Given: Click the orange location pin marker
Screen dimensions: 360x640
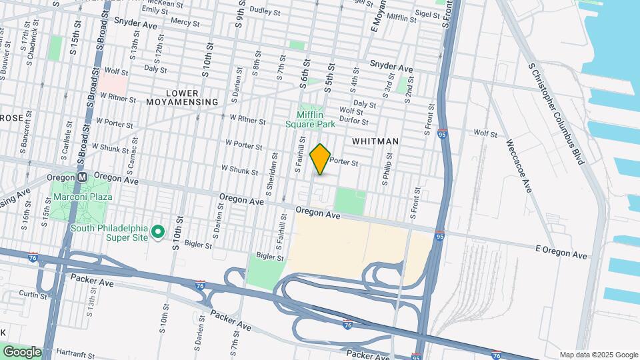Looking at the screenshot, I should [x=321, y=159].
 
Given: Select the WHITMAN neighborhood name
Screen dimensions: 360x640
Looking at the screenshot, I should [x=375, y=141].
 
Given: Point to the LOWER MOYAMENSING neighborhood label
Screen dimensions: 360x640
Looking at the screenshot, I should [x=192, y=97].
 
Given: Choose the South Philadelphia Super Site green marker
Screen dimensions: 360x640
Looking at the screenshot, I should [x=158, y=232].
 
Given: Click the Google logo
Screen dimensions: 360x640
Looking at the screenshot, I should [x=22, y=351].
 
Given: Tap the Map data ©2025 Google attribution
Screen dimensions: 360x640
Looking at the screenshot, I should [x=598, y=355].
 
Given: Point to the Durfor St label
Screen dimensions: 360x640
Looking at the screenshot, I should [x=354, y=121].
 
